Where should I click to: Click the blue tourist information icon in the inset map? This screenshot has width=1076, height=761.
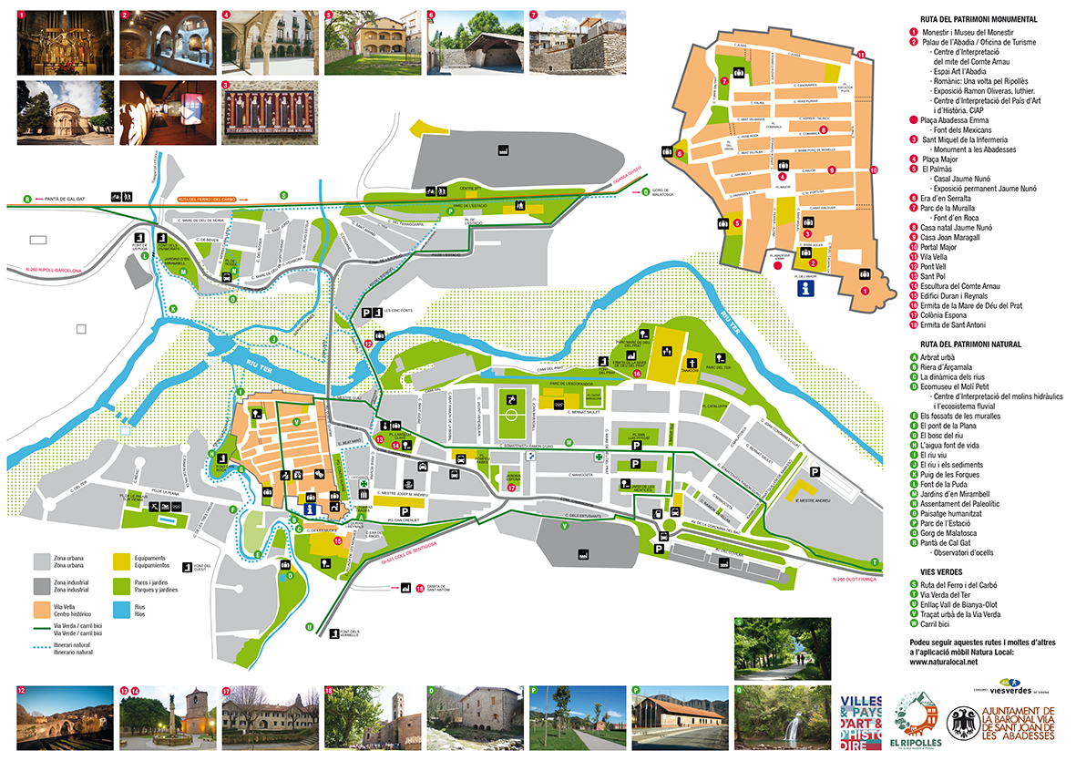(x=806, y=289)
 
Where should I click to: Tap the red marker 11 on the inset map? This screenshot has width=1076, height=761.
(x=861, y=56)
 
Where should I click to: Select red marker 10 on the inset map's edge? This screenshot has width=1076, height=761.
(x=873, y=170)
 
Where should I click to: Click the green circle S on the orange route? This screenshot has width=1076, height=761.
(x=283, y=195)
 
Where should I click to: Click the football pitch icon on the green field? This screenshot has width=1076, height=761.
(x=511, y=399)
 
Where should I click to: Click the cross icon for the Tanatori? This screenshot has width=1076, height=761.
(x=692, y=359)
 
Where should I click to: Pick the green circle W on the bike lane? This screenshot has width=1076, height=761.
(x=568, y=442)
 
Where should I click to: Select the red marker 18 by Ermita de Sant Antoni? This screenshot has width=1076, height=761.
(x=420, y=589)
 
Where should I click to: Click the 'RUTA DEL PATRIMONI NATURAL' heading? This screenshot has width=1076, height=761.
(x=965, y=345)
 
